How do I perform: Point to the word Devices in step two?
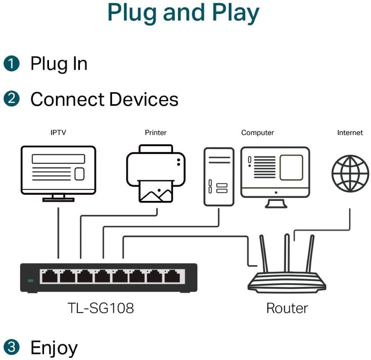tap(144, 99)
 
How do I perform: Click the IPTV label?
tap(58, 133)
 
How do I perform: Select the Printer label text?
tap(156, 133)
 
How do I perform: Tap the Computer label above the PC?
tap(258, 133)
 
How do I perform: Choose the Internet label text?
tap(350, 133)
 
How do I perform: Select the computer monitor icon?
tap(275, 173)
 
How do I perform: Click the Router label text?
tap(287, 308)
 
